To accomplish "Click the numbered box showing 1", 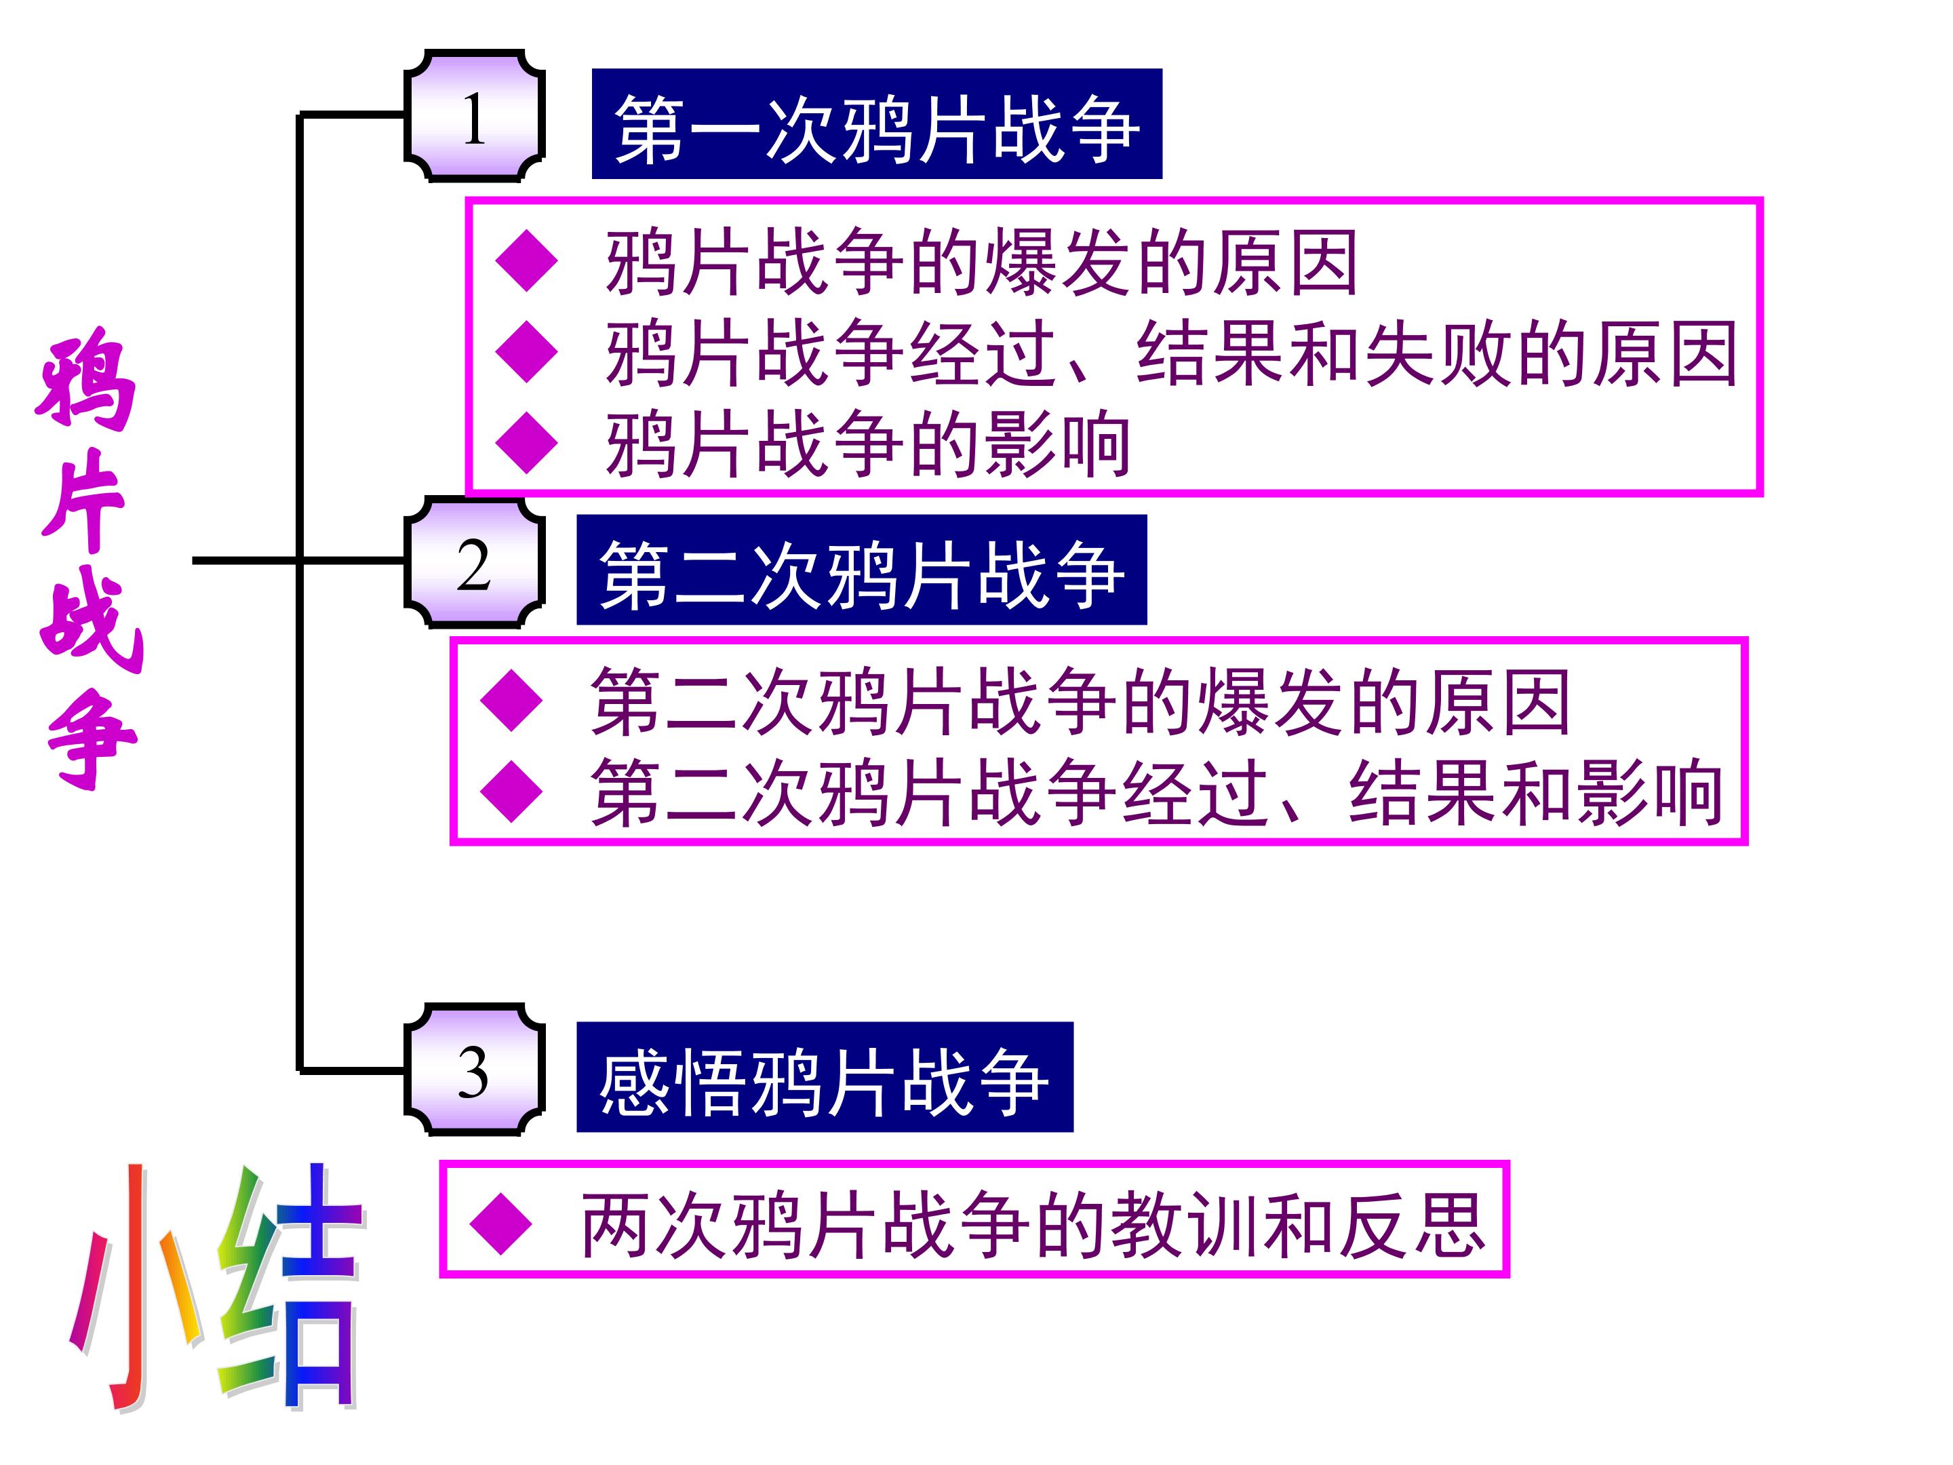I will point(474,117).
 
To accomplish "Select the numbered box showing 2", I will point(474,564).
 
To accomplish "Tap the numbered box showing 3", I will point(474,1071).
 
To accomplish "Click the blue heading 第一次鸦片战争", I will point(876,125).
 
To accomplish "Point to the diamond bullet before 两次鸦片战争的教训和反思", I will point(500,1225).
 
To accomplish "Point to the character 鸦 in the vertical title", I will point(87,380).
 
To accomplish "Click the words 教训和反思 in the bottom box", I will point(1298,1225).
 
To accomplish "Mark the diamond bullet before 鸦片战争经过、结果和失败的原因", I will point(527,351).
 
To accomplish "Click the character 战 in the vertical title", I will point(91,623).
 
